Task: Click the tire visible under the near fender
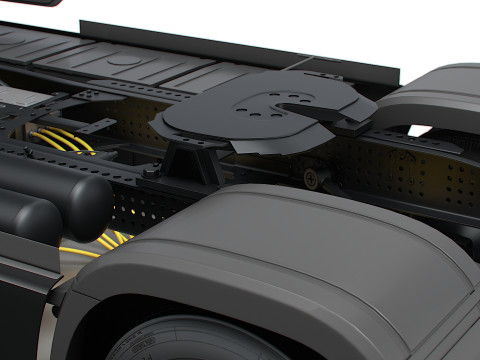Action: tap(190, 340)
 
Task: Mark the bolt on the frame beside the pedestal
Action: tap(150, 172)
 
